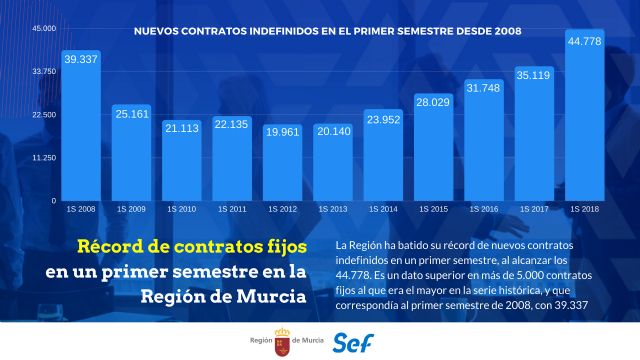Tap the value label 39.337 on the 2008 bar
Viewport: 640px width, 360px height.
(81, 60)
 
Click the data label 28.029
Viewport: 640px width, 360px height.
(433, 103)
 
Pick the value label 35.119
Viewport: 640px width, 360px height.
(534, 74)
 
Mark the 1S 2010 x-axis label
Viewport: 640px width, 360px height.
(181, 209)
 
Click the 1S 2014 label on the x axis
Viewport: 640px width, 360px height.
(383, 209)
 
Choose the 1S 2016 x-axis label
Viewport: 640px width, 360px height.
(483, 209)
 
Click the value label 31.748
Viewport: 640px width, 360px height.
(484, 88)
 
